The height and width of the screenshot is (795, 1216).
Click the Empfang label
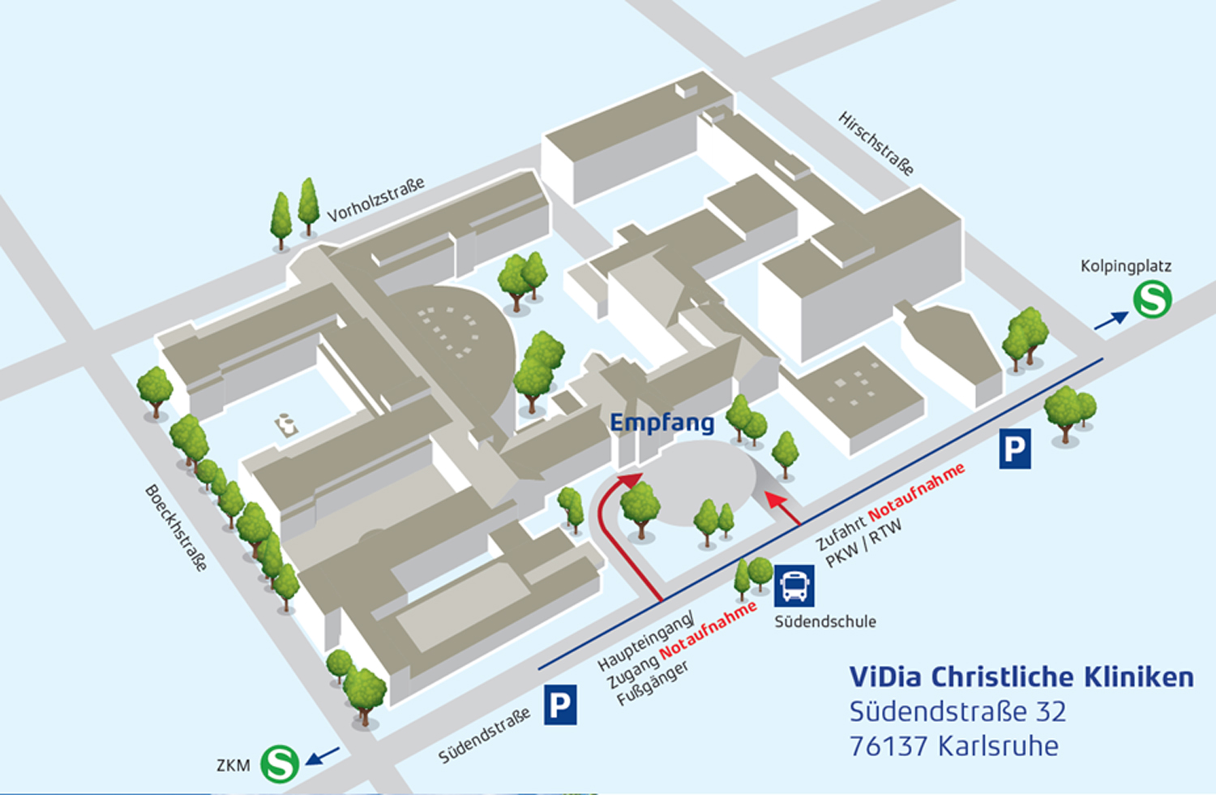click(x=662, y=423)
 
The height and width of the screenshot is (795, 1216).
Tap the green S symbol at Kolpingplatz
click(x=1152, y=299)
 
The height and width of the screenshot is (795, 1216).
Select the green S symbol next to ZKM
click(x=280, y=763)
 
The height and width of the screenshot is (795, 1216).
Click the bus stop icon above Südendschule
click(x=794, y=586)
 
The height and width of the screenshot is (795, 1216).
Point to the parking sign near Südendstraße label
click(x=560, y=705)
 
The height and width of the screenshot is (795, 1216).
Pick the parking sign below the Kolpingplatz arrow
click(x=1014, y=449)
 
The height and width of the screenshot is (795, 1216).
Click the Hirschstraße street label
click(x=876, y=144)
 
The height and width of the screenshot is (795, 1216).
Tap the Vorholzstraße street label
click(x=375, y=200)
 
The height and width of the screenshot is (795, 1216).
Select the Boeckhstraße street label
click(x=176, y=527)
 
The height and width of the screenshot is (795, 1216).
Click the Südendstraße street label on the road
click(x=485, y=735)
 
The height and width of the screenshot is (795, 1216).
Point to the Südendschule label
click(x=825, y=622)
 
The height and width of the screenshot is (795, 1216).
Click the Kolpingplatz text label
click(x=1125, y=266)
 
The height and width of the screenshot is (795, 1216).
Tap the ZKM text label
click(x=233, y=765)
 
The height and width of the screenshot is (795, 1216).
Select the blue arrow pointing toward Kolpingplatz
click(x=1111, y=320)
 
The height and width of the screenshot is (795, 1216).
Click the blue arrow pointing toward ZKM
click(x=323, y=756)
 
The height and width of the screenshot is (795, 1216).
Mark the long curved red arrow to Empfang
click(x=606, y=527)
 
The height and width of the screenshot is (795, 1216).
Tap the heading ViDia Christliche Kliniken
click(x=1021, y=677)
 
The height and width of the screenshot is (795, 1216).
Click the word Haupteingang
click(x=646, y=641)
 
